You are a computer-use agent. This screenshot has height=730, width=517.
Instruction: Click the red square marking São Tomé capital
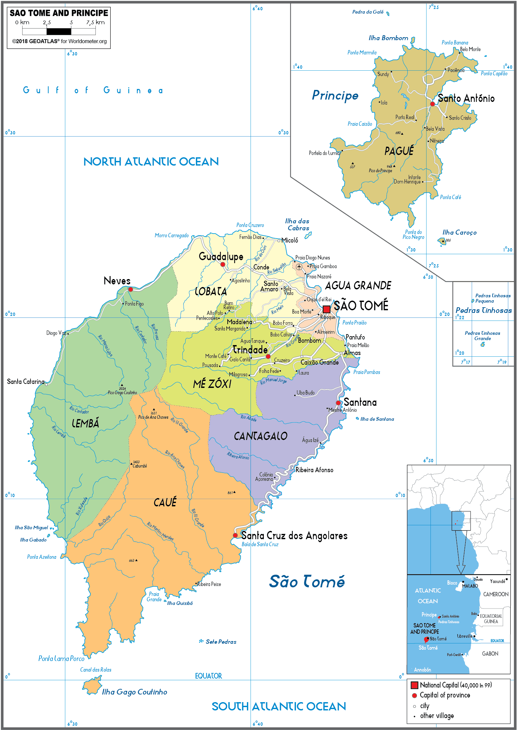click(x=326, y=309)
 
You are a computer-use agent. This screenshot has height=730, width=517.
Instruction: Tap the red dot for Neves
click(x=131, y=289)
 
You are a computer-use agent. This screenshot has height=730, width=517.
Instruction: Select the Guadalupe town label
click(x=221, y=256)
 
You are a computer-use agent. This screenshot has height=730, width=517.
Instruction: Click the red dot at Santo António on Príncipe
click(x=432, y=104)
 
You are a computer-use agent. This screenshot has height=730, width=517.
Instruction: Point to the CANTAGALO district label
click(x=260, y=436)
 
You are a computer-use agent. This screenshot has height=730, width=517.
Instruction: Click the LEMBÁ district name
click(x=86, y=423)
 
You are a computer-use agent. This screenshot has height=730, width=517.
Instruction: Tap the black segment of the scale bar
click(x=59, y=32)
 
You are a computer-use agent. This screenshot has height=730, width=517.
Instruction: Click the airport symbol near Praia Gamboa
click(x=299, y=266)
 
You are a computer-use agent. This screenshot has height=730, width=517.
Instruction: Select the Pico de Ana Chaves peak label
click(x=153, y=417)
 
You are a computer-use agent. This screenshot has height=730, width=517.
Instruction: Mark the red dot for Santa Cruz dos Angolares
click(x=235, y=535)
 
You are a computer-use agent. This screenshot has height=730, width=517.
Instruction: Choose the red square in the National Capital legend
click(x=414, y=685)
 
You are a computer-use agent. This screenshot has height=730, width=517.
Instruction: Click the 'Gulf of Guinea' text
click(x=93, y=90)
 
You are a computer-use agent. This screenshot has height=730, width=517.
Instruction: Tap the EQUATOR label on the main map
click(x=208, y=676)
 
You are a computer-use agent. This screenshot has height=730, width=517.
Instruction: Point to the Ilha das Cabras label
click(x=297, y=225)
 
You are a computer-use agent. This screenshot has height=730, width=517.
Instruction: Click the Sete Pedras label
click(x=221, y=642)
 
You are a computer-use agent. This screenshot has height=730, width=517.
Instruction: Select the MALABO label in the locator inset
click(x=470, y=586)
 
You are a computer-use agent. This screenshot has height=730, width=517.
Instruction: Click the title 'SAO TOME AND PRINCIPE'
click(x=59, y=13)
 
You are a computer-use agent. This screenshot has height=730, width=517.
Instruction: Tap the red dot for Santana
click(x=338, y=403)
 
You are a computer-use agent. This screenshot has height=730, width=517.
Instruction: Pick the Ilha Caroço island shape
click(x=442, y=241)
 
